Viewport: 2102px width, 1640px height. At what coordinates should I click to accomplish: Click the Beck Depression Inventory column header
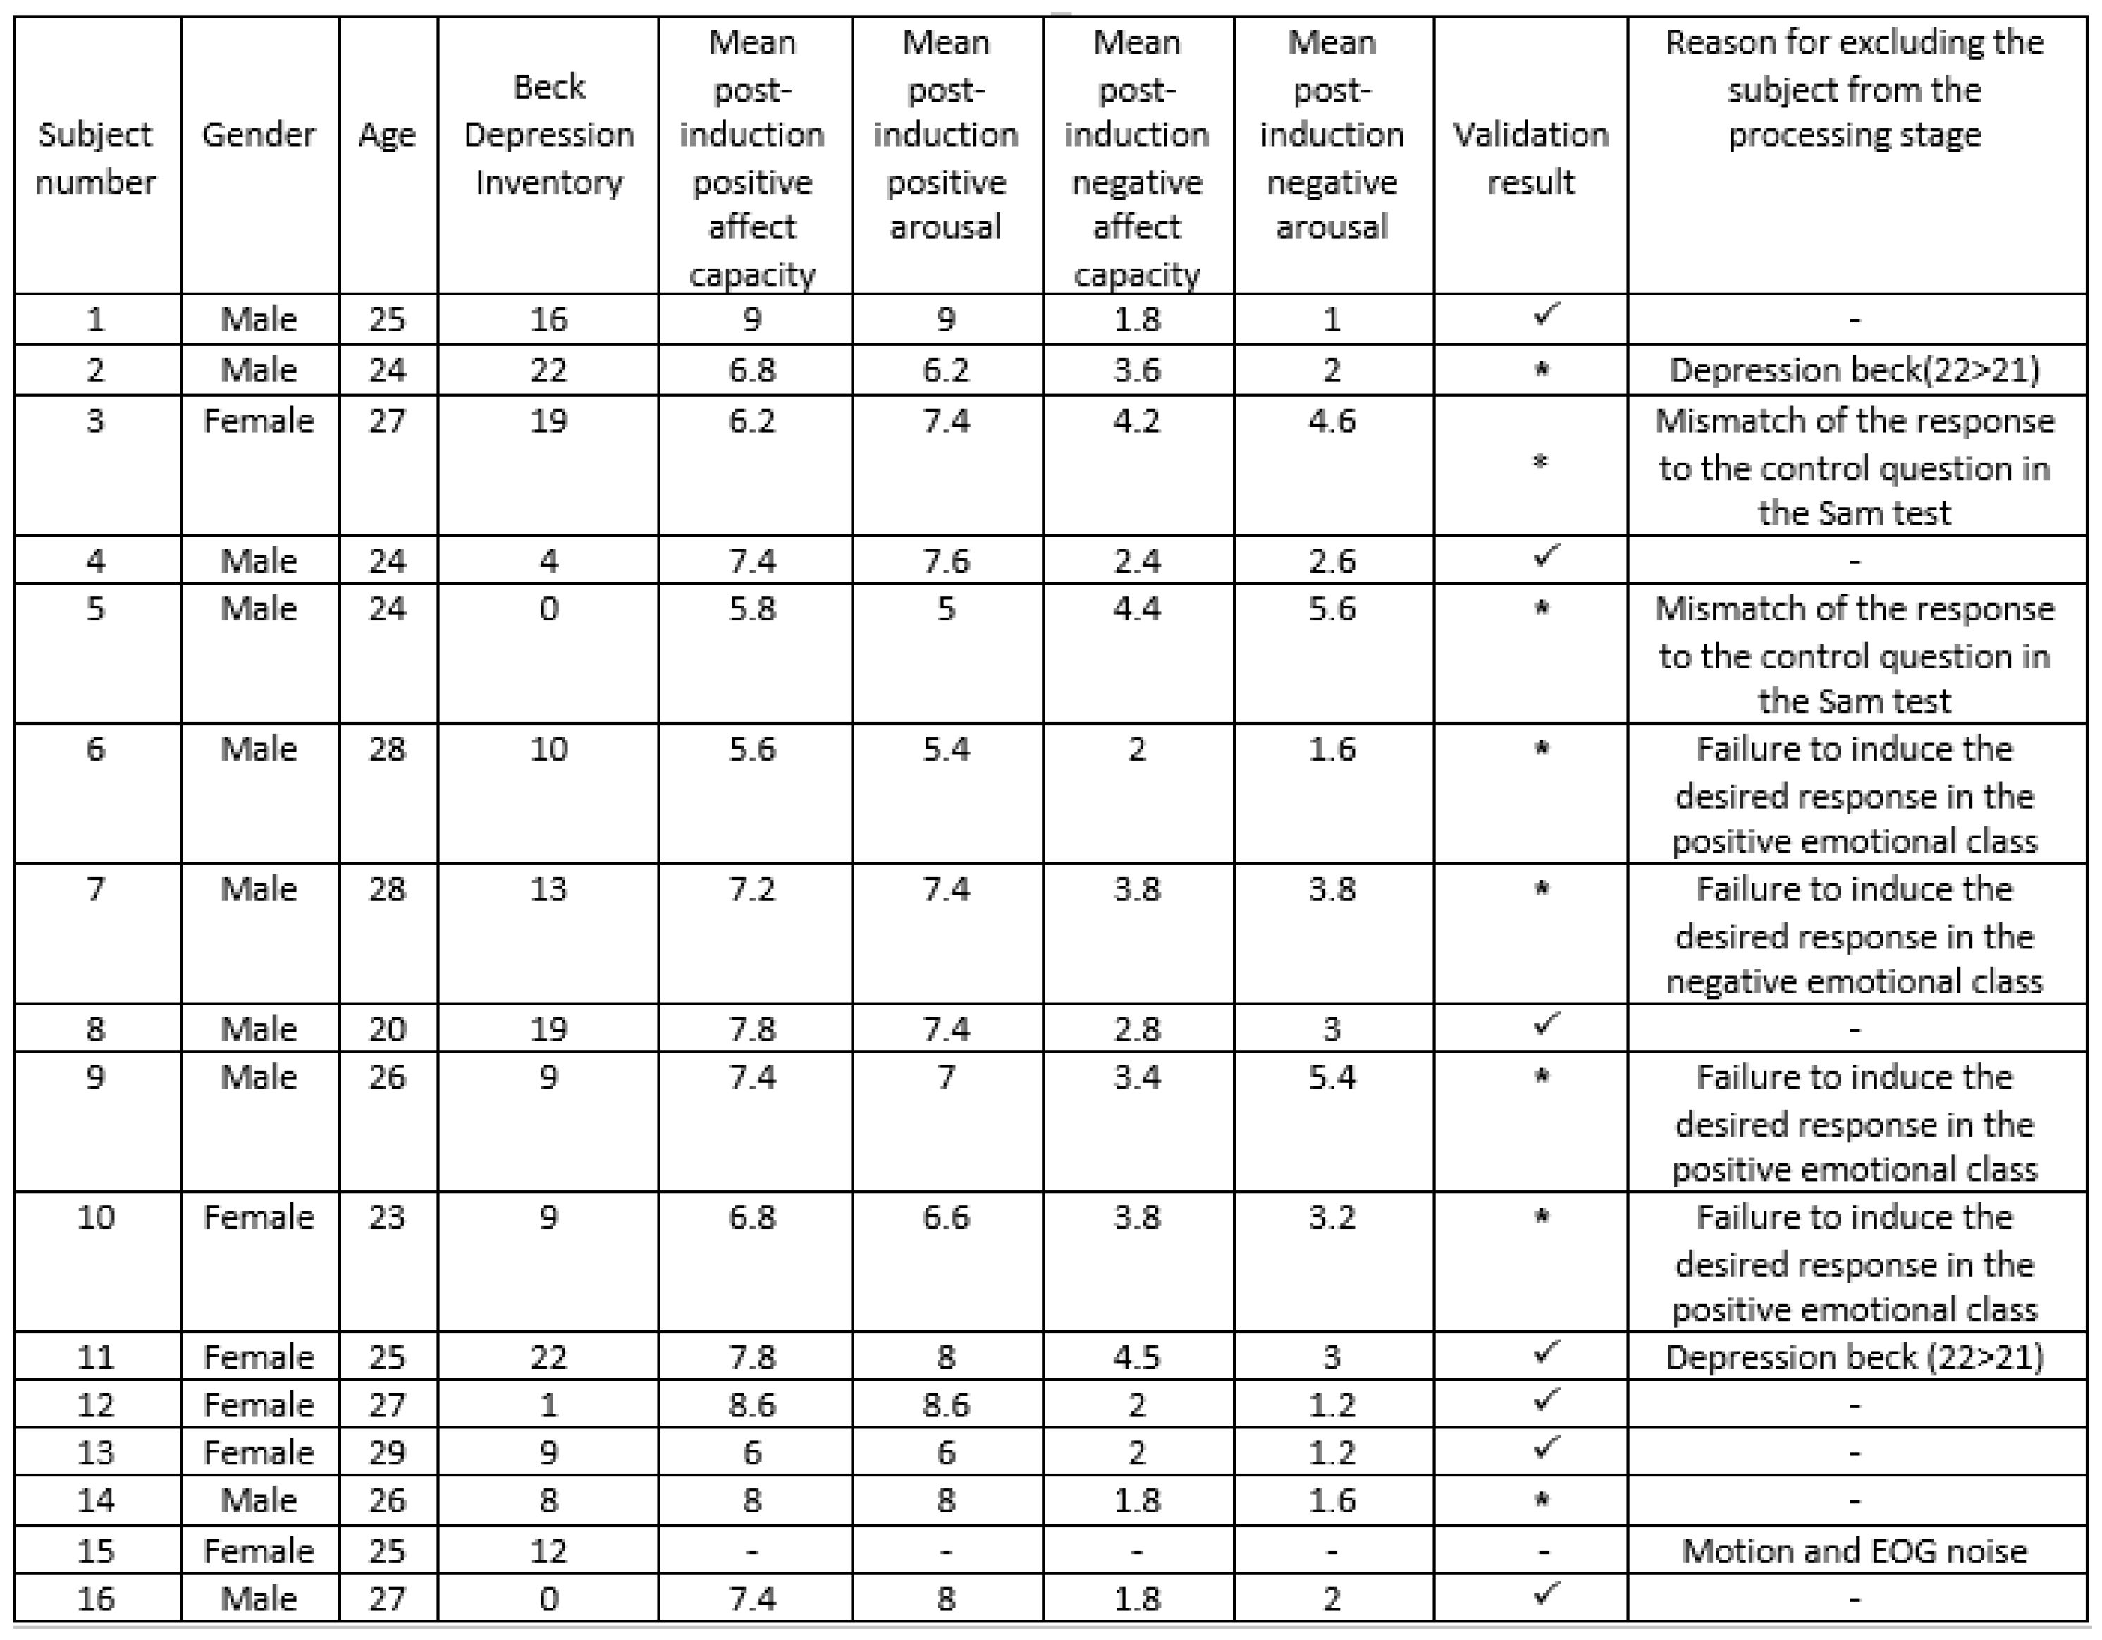point(548,135)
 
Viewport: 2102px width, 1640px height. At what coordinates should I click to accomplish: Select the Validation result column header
point(1530,158)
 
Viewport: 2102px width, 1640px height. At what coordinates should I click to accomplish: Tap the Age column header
point(387,135)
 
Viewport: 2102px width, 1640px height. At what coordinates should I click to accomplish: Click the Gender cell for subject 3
point(259,421)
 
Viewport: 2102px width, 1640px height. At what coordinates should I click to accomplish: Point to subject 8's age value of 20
point(387,1029)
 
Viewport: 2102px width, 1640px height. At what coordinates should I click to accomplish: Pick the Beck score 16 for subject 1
point(548,319)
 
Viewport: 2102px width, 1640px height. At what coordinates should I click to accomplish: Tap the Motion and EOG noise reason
point(1855,1550)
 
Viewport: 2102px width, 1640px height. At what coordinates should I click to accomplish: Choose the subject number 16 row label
point(95,1598)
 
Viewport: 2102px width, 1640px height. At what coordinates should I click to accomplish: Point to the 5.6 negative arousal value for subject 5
point(1332,608)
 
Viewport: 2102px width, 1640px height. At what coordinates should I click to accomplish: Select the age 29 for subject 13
point(387,1452)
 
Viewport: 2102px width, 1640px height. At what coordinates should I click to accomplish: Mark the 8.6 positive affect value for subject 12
point(751,1405)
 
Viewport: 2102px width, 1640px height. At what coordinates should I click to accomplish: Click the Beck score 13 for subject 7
point(548,889)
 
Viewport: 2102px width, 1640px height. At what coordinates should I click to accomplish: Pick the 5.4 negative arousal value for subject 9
point(1332,1077)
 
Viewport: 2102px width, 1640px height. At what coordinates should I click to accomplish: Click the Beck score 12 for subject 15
point(548,1550)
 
